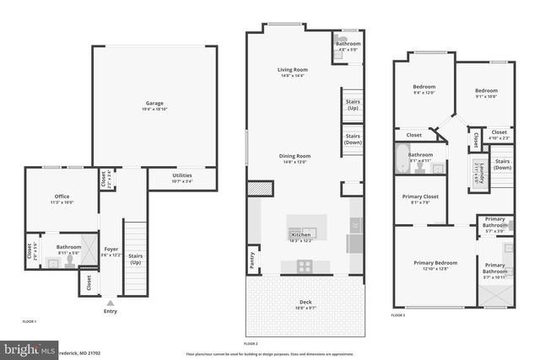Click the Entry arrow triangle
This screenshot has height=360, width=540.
(x=110, y=302)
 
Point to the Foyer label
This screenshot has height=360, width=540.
(x=111, y=250)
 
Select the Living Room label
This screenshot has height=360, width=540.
(x=293, y=71)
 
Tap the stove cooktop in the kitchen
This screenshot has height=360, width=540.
(x=304, y=266)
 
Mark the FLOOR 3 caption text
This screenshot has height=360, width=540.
(x=398, y=315)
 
